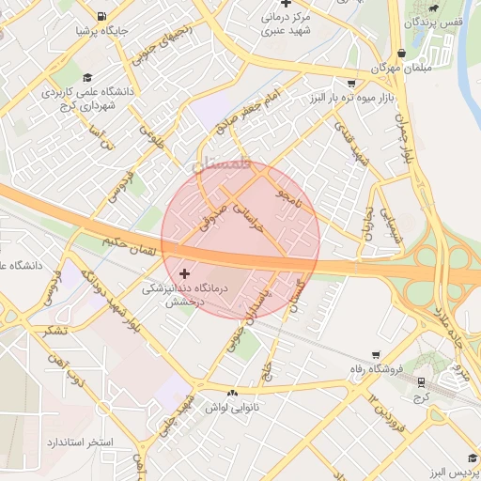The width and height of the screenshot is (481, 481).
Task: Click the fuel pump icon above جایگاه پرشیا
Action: (x=101, y=17)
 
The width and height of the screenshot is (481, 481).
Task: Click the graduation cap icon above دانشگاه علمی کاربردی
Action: (x=87, y=78)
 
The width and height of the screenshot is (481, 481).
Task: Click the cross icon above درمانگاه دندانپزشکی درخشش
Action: (x=184, y=273)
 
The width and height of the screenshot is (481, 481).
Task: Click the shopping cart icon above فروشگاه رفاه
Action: (x=376, y=355)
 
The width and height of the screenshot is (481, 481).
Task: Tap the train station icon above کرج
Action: (x=420, y=381)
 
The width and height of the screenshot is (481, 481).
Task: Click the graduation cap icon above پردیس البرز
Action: (x=463, y=454)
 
